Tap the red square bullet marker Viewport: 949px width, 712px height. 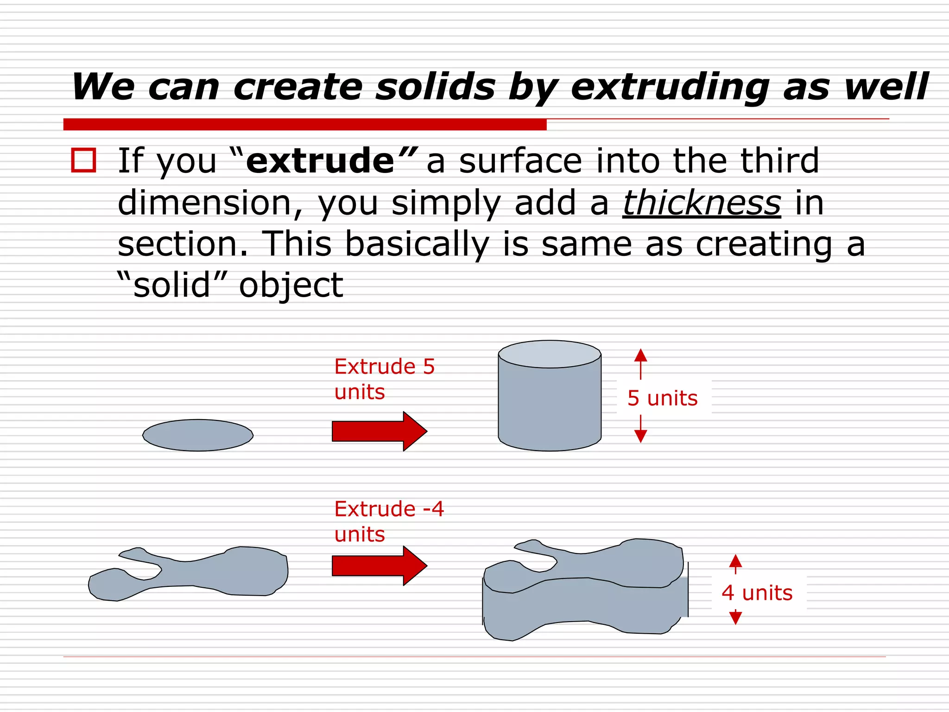coord(83,160)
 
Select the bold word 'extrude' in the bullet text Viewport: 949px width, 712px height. coord(320,161)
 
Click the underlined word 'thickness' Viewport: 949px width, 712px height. coord(702,203)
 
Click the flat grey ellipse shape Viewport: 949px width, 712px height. coord(198,435)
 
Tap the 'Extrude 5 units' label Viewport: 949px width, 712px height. coord(384,379)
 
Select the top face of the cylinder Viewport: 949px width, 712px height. coord(550,355)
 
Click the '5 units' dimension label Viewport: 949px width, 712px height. coord(663,398)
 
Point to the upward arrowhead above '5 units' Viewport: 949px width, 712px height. coord(641,356)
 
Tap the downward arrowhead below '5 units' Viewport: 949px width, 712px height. coord(641,436)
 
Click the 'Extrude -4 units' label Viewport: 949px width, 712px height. coord(389,521)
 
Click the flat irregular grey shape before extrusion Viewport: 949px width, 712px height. coord(195,575)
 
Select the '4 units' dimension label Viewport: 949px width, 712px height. coord(757,593)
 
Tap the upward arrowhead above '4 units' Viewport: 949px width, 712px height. coord(735,561)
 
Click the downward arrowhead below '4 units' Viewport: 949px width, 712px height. coord(735,617)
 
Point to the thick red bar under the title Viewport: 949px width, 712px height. coord(305,124)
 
